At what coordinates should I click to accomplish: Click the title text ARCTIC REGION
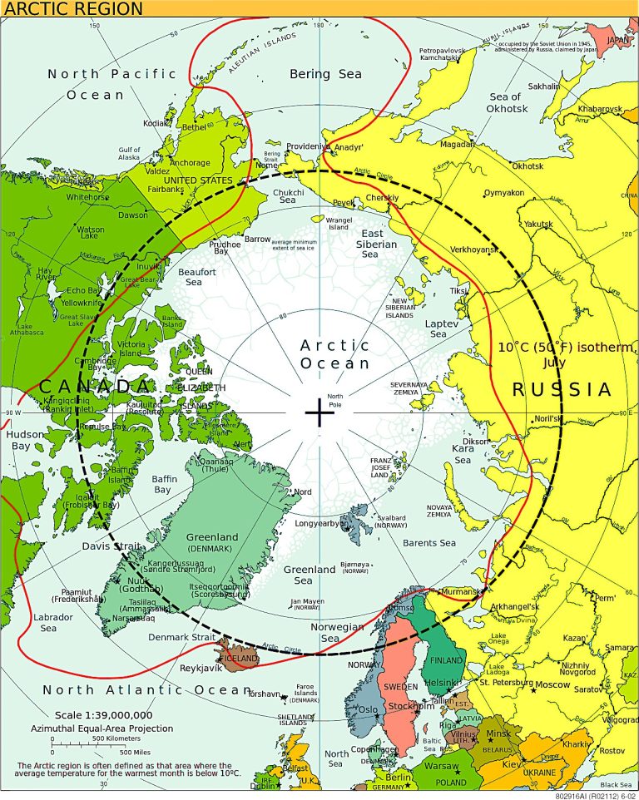[x=73, y=9]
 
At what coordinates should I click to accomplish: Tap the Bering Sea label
[x=325, y=74]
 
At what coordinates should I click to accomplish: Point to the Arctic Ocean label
[x=334, y=354]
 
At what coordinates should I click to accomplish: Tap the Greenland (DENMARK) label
[x=211, y=543]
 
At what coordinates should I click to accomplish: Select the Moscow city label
[x=552, y=685]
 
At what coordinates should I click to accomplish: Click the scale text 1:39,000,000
[x=103, y=715]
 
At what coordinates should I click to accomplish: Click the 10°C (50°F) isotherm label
[x=564, y=353]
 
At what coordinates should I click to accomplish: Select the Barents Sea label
[x=428, y=543]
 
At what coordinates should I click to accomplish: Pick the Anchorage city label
[x=190, y=163]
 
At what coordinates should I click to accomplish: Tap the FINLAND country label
[x=446, y=659]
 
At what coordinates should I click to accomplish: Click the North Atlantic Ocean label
[x=146, y=690]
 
